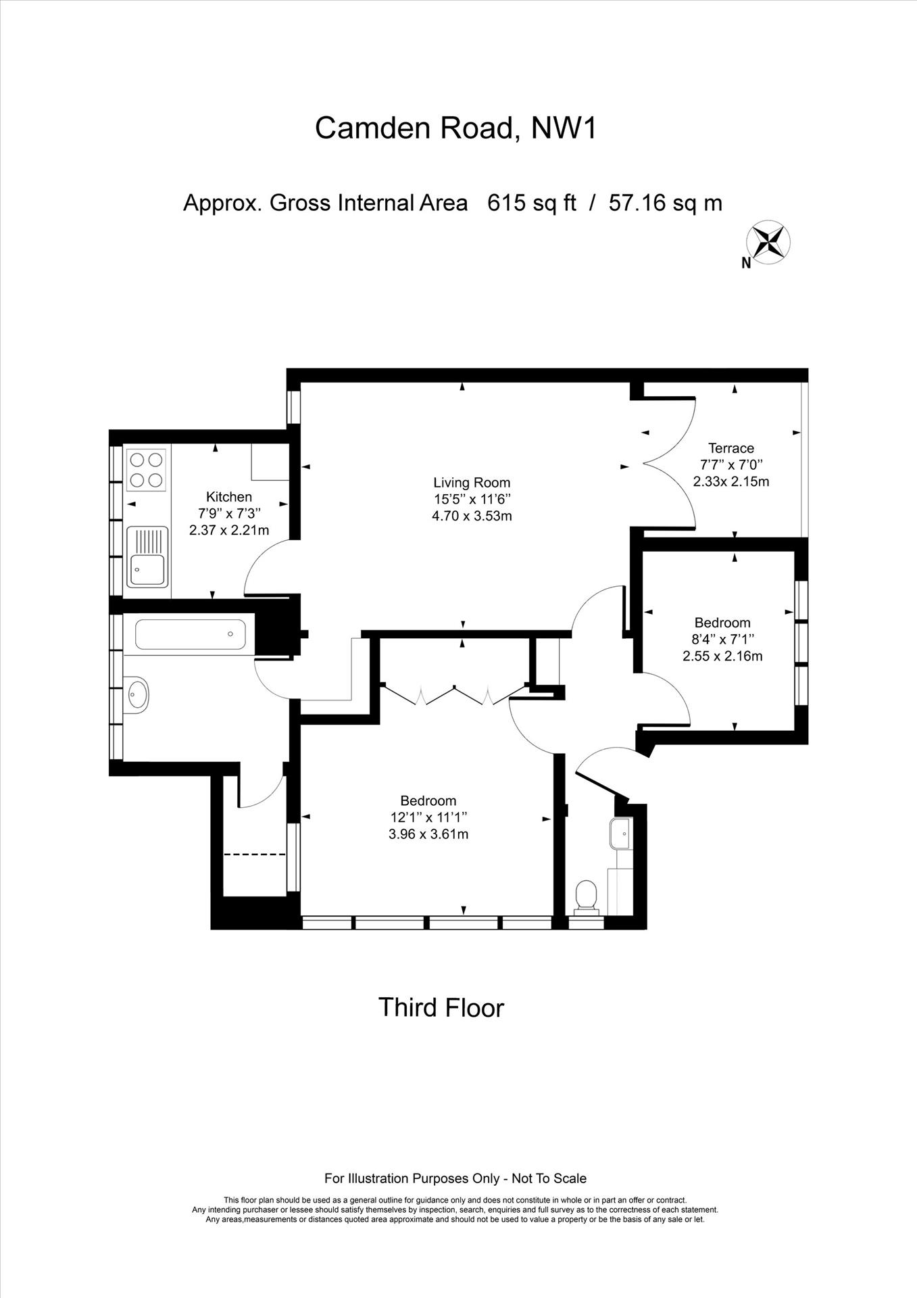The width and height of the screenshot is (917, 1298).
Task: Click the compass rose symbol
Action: [768, 242]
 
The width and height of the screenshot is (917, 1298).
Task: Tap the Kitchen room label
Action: [229, 497]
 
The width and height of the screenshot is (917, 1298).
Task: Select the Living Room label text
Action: [472, 483]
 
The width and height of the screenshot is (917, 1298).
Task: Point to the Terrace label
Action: [731, 448]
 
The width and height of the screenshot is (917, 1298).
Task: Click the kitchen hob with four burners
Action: [147, 469]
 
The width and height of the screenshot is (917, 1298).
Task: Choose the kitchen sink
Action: [147, 557]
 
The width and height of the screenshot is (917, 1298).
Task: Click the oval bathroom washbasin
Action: [138, 694]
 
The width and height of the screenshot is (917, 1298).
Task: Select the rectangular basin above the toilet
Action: [620, 834]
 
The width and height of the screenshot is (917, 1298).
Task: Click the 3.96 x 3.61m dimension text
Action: [428, 834]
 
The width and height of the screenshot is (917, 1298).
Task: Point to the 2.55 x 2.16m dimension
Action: [722, 656]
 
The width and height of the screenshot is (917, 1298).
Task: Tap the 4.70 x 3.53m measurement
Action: [472, 516]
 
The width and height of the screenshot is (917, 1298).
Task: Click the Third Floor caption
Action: [441, 1008]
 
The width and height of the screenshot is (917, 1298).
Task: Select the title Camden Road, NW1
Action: [456, 127]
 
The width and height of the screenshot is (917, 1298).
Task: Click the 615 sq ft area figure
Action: [532, 203]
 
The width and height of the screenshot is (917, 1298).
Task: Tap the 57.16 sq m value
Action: [666, 203]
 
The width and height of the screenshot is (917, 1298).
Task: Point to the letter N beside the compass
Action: [747, 264]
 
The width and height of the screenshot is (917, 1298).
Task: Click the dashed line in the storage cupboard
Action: [255, 855]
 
